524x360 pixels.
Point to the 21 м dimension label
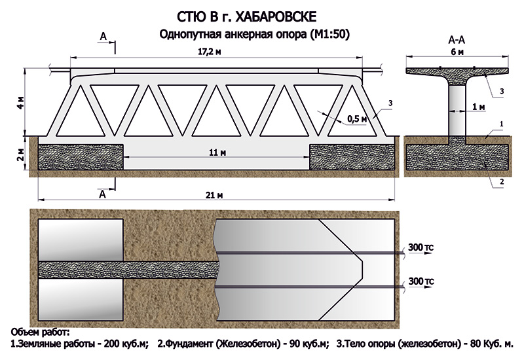point(215,195)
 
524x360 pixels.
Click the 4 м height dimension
point(20,103)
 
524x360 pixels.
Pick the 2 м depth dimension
point(20,154)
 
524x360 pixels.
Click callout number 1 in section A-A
point(501,123)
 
